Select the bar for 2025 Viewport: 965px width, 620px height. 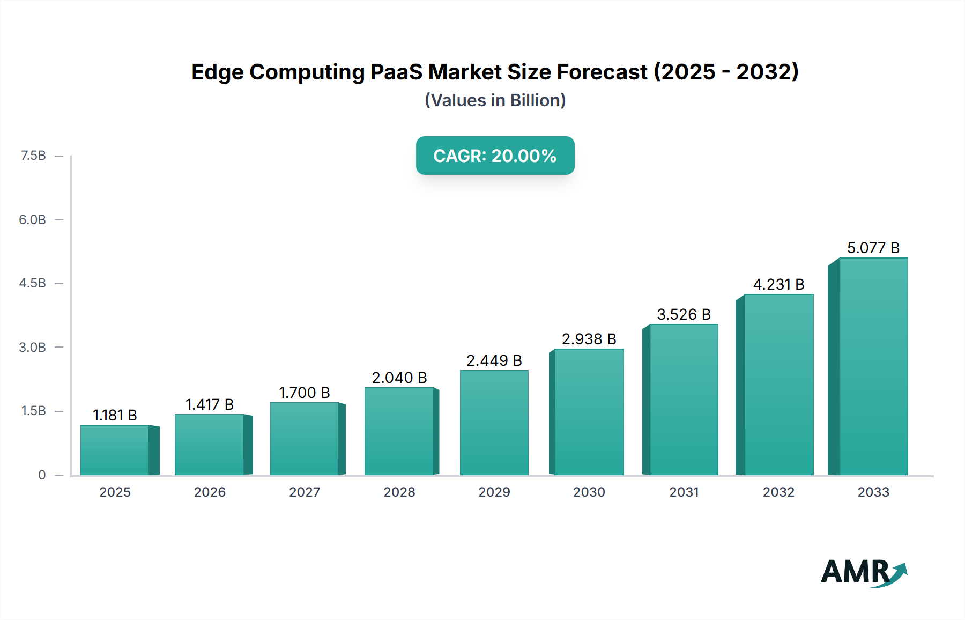(115, 450)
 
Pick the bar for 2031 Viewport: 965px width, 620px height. (684, 400)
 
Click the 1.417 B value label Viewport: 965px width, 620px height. (210, 404)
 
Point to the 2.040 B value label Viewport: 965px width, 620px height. (399, 378)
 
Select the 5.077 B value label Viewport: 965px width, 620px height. (873, 248)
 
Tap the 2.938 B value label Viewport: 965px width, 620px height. (589, 339)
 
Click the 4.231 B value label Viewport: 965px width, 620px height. (778, 284)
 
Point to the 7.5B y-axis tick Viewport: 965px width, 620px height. (33, 156)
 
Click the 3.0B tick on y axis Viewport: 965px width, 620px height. (33, 347)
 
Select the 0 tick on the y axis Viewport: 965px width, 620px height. (42, 475)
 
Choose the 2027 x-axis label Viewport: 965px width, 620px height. (305, 492)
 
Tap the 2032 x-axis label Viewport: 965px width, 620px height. (778, 492)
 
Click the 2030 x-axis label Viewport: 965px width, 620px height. (589, 492)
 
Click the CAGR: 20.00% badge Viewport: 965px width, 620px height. (495, 156)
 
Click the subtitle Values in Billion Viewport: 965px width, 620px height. (495, 100)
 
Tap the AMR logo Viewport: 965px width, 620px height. (863, 572)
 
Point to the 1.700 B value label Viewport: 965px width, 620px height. (305, 393)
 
